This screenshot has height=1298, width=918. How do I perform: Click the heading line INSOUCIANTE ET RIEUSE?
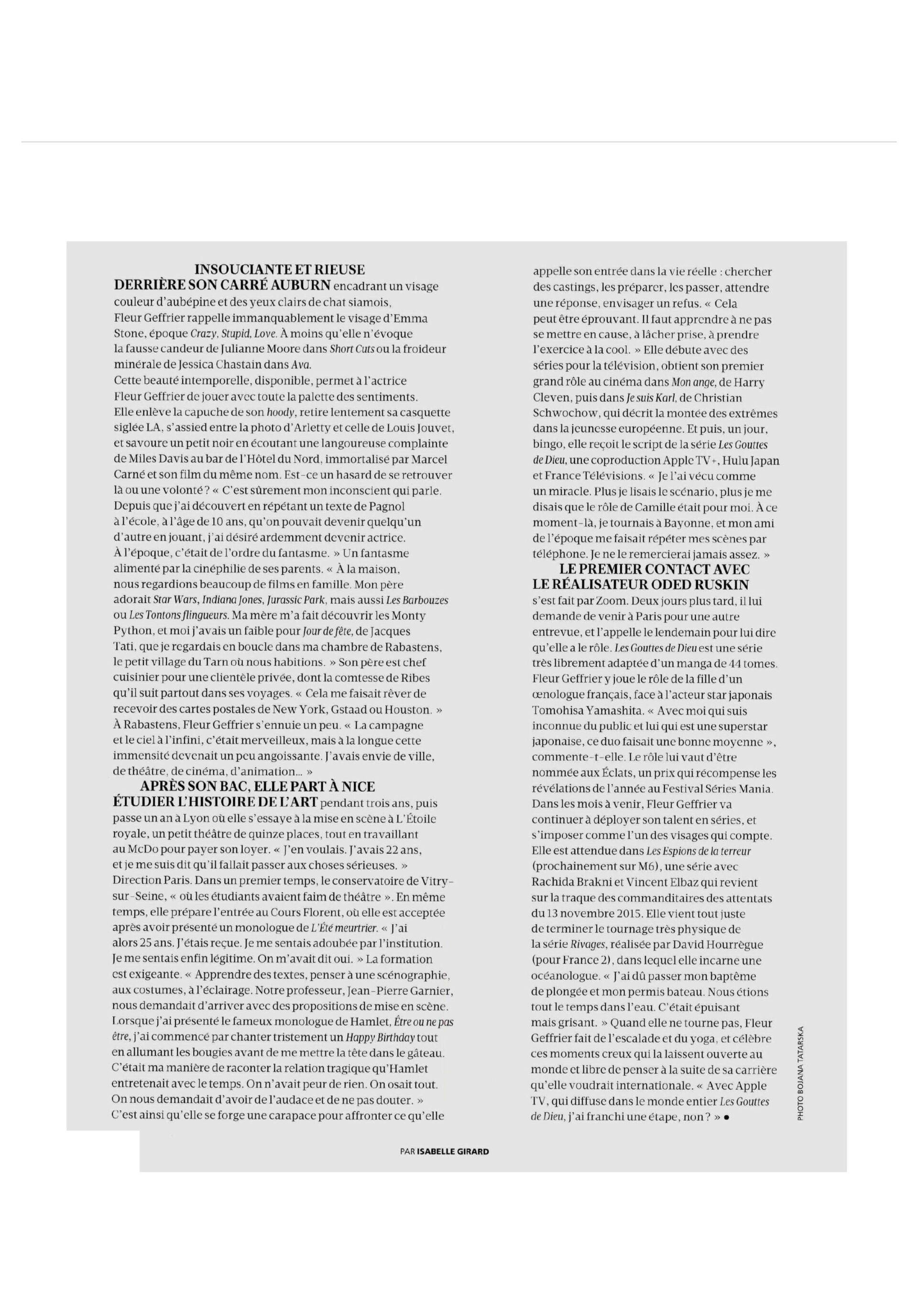279,269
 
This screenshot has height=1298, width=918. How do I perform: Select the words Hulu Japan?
751,461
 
